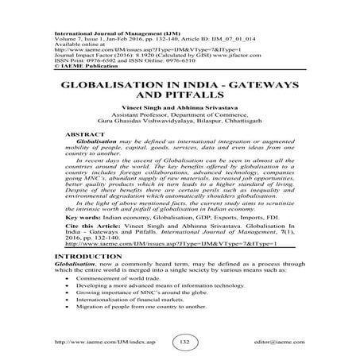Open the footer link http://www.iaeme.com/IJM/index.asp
tap(95, 344)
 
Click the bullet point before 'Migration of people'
tap(72, 306)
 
